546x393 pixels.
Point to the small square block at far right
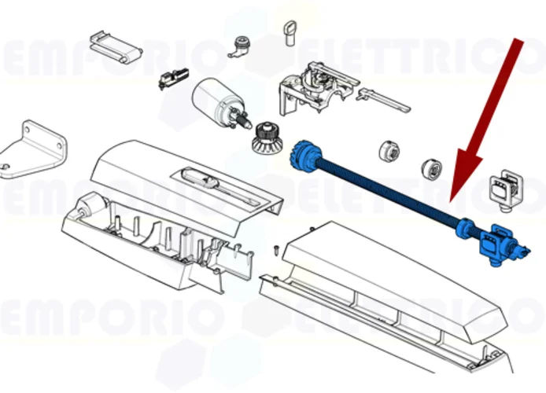click(503, 188)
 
